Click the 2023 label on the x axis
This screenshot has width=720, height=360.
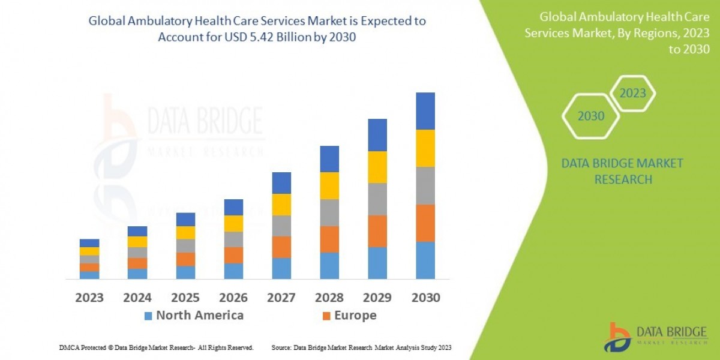89,298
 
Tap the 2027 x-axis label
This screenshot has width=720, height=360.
281,298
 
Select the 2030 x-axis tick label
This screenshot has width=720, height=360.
425,298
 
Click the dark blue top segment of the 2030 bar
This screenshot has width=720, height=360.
425,111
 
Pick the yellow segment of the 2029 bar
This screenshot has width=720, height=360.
377,167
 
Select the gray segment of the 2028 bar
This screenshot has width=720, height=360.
329,212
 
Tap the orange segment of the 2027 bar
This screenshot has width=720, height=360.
281,247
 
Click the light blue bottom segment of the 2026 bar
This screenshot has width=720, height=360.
233,271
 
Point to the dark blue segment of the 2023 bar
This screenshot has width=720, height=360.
89,243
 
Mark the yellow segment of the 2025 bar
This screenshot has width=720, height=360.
185,233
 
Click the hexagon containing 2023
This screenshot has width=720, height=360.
632,94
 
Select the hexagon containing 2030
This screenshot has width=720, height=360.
591,116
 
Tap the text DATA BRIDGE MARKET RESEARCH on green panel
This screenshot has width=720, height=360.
622,171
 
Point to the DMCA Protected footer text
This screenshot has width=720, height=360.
156,347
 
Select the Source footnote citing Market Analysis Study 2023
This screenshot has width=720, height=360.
361,347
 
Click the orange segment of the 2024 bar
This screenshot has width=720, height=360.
137,263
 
